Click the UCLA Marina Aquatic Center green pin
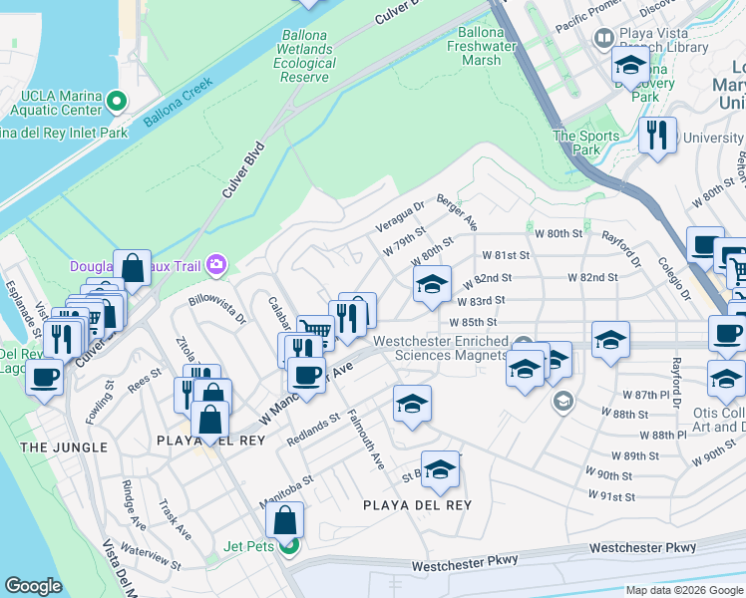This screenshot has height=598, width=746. point(118,101)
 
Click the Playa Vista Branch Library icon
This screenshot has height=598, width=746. point(602,39)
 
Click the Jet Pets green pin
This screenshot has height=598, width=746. point(288,545)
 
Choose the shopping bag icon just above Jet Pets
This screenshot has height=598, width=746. point(285,519)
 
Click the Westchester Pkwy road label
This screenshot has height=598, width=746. point(641,547)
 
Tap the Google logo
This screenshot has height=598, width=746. point(33,586)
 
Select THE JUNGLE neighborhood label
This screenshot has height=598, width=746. point(64,448)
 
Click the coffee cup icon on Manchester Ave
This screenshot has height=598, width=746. point(305,374)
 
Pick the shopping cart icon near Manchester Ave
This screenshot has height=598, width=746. point(315,330)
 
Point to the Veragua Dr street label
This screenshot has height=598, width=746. point(399,214)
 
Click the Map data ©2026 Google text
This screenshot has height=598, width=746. point(682,590)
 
